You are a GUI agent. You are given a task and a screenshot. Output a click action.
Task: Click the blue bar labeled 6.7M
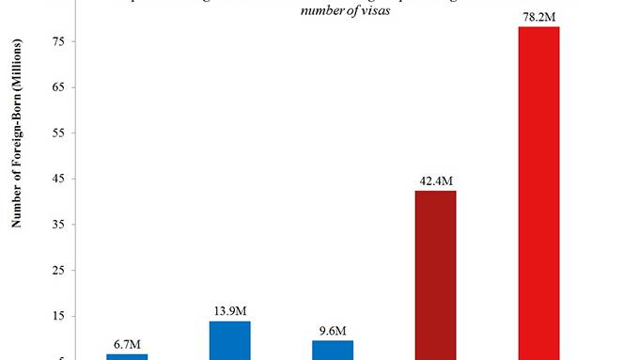click(x=127, y=356)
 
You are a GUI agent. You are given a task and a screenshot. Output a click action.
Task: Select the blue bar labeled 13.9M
click(x=229, y=340)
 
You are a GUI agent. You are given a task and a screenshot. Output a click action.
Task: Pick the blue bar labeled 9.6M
click(x=333, y=350)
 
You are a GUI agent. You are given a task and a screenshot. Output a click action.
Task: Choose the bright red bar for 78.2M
click(x=538, y=193)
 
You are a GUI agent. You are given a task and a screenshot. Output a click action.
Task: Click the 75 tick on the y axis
click(x=72, y=42)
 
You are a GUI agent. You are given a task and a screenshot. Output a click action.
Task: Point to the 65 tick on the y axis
click(x=72, y=87)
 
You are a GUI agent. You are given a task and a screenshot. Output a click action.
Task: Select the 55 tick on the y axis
click(x=72, y=133)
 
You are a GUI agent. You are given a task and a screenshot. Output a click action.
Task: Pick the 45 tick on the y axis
click(x=72, y=179)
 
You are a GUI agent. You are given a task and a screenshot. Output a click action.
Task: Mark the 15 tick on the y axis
click(x=72, y=316)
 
